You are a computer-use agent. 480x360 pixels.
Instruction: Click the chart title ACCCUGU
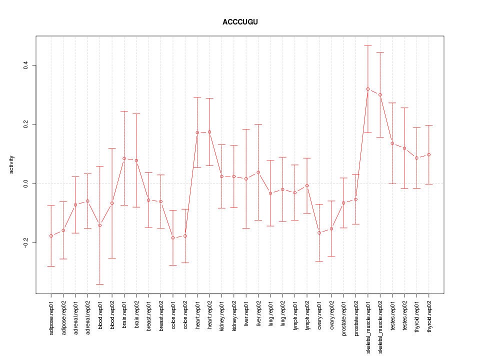pyautogui.click(x=240, y=22)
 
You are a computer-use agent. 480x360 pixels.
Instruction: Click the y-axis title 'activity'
pyautogui.click(x=11, y=165)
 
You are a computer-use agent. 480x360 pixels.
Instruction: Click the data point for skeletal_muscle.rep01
pyautogui.click(x=368, y=89)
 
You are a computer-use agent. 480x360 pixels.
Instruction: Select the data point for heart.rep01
pyautogui.click(x=197, y=132)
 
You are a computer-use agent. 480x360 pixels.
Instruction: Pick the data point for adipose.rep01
pyautogui.click(x=51, y=236)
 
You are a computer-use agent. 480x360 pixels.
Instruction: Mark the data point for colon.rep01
pyautogui.click(x=173, y=238)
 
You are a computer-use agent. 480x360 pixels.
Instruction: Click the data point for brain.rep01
pyautogui.click(x=124, y=158)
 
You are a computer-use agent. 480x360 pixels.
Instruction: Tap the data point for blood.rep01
pyautogui.click(x=100, y=225)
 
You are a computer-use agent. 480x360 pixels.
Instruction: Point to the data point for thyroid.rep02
pyautogui.click(x=429, y=154)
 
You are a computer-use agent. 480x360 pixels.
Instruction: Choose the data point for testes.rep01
pyautogui.click(x=392, y=143)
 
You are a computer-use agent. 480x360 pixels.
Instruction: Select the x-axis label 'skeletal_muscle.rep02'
pyautogui.click(x=380, y=325)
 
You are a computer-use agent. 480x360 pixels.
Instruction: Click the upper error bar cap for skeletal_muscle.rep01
pyautogui.click(x=368, y=45)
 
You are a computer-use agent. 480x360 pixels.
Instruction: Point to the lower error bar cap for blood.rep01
pyautogui.click(x=100, y=284)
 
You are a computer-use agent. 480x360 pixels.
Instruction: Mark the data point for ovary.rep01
pyautogui.click(x=319, y=233)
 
